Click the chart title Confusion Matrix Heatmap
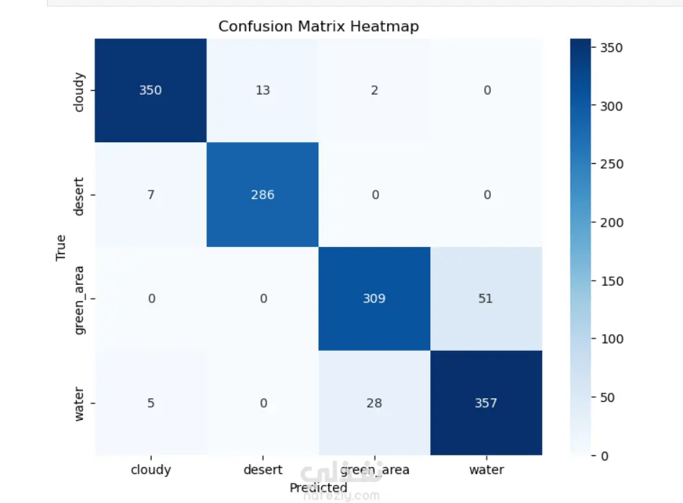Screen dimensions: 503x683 coord(318,27)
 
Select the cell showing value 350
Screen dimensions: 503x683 coord(151,90)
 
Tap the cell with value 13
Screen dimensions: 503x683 coord(263,90)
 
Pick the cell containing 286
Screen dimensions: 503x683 coord(263,195)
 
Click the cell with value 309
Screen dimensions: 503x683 coord(374,299)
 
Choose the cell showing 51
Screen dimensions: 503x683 coord(486,299)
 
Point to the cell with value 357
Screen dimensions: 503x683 coord(486,403)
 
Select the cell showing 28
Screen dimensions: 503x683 coord(374,403)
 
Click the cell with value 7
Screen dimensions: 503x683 coord(151,195)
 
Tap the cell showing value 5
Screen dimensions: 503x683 coord(151,403)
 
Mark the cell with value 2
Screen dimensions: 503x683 coord(374,90)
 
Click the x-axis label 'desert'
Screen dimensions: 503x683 coord(263,470)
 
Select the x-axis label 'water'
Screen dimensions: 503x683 coord(486,470)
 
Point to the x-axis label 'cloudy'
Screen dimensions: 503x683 coord(151,470)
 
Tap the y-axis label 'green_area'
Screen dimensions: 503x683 coord(80,299)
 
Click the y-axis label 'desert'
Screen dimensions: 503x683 coord(80,195)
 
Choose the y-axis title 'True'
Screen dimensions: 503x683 coord(61,247)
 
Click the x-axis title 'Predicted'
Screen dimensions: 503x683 coord(318,488)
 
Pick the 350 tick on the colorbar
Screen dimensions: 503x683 coord(611,48)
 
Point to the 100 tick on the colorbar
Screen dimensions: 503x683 coord(611,338)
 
